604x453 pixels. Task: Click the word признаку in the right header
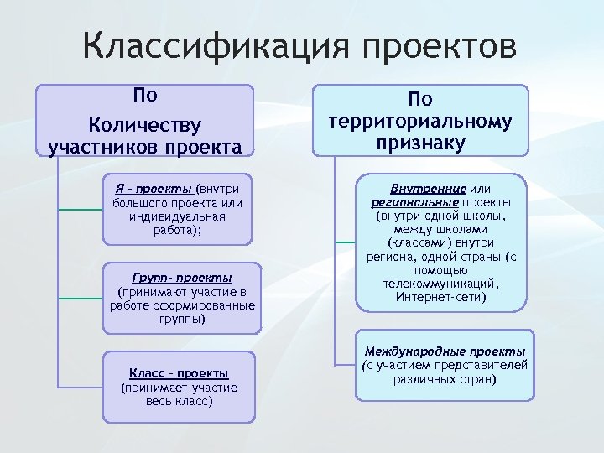point(420,143)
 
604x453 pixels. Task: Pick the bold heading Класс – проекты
point(179,373)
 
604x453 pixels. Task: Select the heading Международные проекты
point(445,351)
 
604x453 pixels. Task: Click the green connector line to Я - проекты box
point(81,210)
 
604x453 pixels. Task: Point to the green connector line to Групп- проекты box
point(81,298)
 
